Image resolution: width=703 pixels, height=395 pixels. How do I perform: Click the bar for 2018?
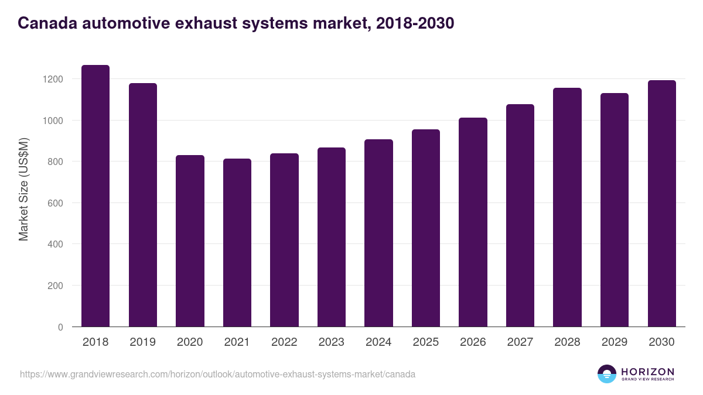coord(95,196)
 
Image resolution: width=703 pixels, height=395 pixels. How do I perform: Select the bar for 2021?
coord(237,243)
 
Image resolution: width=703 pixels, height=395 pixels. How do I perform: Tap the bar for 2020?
coord(190,241)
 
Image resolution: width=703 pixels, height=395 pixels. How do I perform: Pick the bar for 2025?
coord(426,228)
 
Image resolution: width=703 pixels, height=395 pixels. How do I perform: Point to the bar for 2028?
coord(567,207)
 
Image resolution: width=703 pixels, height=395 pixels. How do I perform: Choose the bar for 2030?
coord(661,204)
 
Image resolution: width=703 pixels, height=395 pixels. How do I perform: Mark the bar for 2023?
coord(332,237)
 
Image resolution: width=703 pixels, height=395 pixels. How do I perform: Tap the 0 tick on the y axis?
coord(60,327)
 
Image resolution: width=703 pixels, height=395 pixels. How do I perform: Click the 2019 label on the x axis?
coord(143,342)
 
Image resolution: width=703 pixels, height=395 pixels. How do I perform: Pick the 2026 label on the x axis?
coord(473,342)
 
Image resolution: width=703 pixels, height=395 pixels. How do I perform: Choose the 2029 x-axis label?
coord(615,342)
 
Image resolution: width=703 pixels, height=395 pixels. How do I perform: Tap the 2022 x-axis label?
coord(284,342)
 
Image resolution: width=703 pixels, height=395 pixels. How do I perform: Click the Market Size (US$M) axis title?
coord(23,189)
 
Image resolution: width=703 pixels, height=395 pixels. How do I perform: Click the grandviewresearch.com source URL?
coord(217,374)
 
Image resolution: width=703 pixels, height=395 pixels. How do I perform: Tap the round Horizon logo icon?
coord(607,374)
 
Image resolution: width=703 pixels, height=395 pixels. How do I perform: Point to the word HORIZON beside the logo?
coord(647,371)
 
